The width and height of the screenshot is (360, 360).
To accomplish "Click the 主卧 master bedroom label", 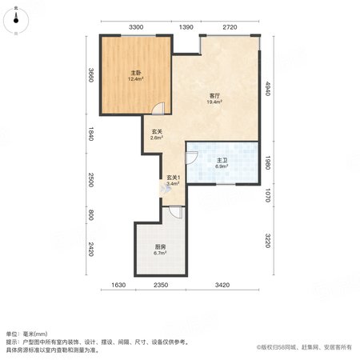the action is [136, 73].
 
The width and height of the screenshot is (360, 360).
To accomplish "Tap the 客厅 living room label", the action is [214, 95].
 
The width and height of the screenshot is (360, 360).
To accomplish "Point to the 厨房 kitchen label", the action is [160, 247].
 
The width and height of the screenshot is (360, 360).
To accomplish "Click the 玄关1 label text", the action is [174, 178].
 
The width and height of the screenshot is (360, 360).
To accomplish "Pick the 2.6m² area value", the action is [157, 138].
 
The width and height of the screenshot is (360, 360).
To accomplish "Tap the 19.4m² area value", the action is [214, 102].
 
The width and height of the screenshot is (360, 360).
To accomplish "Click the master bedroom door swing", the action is [158, 109].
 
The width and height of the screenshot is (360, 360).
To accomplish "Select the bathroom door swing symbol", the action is [191, 158].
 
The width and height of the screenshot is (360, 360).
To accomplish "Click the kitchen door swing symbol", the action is [176, 212].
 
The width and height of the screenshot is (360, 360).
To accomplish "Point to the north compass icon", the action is [16, 20].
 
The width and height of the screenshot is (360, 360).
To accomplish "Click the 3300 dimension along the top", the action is [136, 27].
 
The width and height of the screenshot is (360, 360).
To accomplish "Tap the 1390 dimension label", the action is [186, 27].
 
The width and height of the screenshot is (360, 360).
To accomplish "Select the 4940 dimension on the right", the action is [268, 89].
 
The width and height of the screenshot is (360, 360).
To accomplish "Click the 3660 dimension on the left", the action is [91, 75].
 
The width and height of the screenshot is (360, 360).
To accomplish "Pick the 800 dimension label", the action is [91, 215].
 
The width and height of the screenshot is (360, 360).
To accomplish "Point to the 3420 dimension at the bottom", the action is [222, 285].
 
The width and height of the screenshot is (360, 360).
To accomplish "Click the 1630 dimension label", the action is [118, 285].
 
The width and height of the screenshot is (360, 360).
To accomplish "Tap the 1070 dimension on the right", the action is [268, 195].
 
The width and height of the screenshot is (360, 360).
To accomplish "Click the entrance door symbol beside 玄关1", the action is [165, 189].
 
